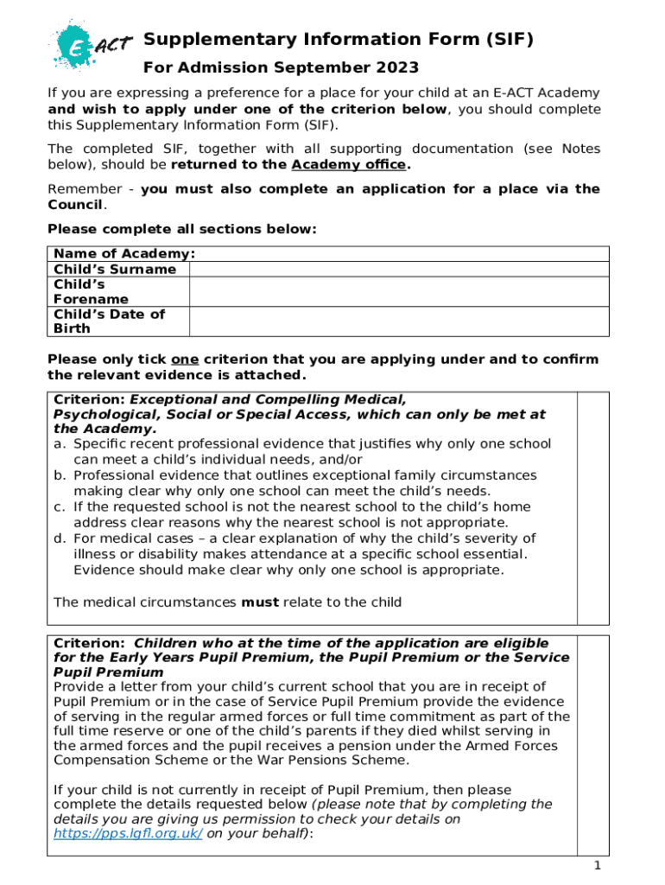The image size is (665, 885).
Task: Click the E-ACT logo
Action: (82, 44)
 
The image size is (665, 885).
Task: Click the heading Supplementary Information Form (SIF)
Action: (338, 39)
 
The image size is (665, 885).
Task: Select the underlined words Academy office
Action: (347, 164)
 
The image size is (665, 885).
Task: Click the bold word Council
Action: (75, 204)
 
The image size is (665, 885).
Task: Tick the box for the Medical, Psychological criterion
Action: (592, 507)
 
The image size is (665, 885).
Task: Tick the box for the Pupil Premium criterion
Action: (592, 743)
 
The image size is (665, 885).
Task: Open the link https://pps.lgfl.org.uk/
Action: (128, 834)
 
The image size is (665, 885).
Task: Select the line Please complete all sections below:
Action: (182, 229)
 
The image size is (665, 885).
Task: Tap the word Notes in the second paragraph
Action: (580, 149)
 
